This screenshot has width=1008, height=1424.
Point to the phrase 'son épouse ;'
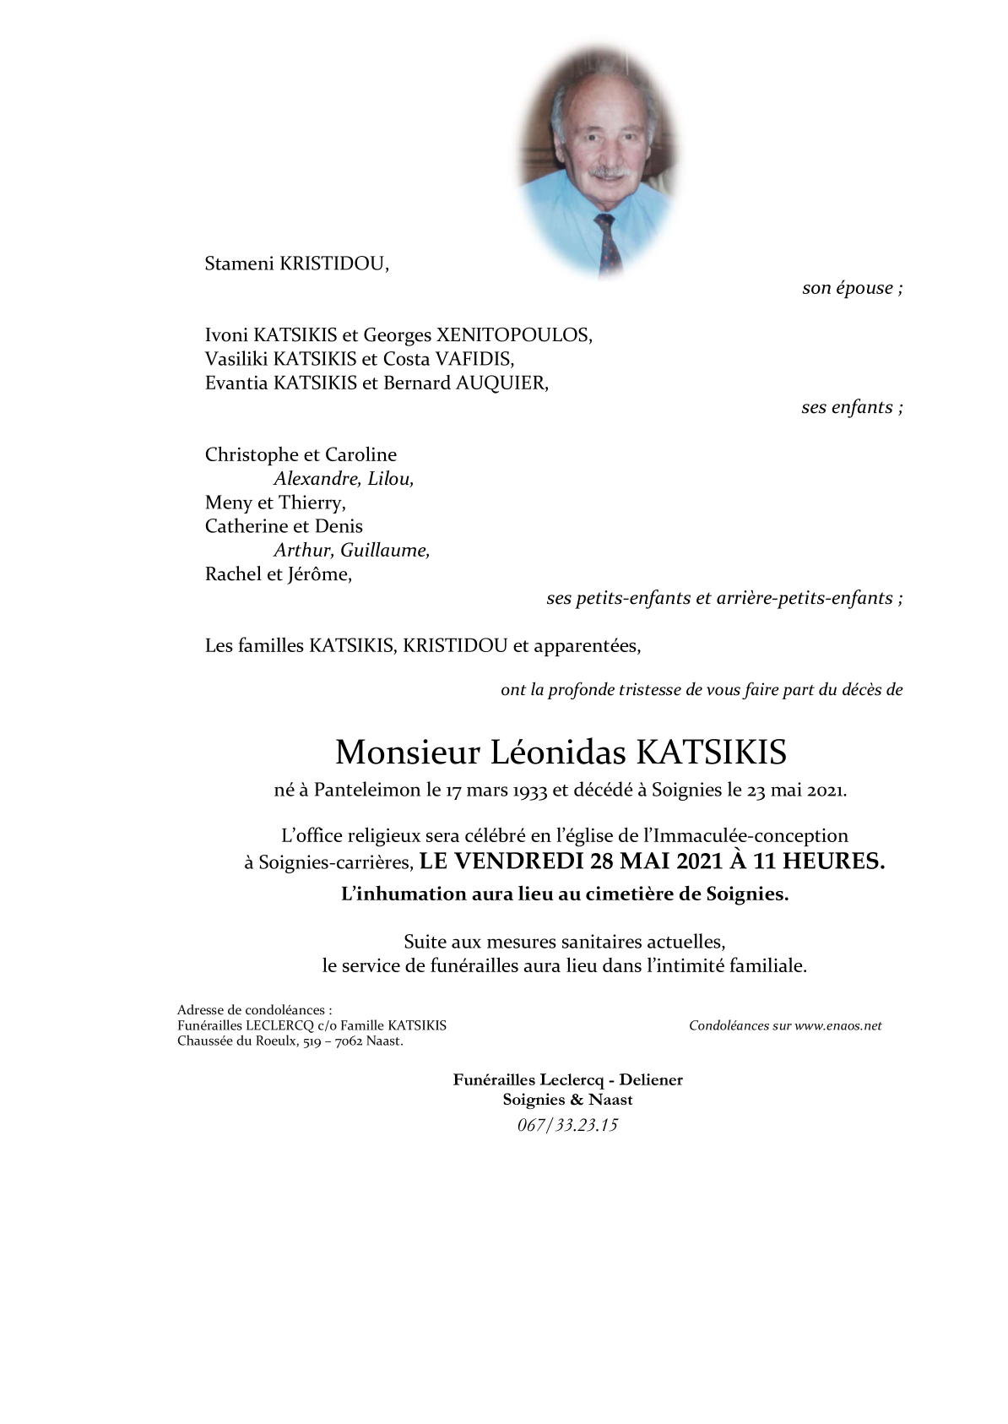point(852,288)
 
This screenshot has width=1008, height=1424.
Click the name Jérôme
point(319,574)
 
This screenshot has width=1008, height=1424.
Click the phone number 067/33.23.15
point(567,1124)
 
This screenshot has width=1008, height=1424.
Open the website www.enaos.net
point(837,1025)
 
